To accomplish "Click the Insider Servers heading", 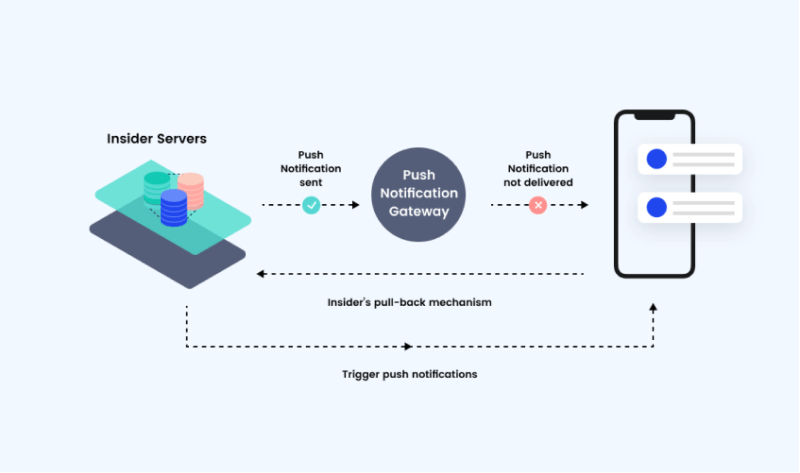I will coord(157,138).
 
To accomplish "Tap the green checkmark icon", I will coord(311,205).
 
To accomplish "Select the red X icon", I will coord(538,205).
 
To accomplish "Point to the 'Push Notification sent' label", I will coord(311,169).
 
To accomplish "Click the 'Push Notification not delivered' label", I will coord(538,169).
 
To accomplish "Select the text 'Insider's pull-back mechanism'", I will coord(410,301).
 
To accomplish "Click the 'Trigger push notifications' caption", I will coord(410,374).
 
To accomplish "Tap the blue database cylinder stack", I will coord(173,210).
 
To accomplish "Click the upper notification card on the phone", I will coord(690,159).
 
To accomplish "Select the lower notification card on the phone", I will coord(690,207).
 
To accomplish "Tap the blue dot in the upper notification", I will coord(657,159).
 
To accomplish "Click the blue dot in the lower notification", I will coord(657,207).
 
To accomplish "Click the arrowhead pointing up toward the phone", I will coord(653,309).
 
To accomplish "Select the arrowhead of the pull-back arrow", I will coord(260,273).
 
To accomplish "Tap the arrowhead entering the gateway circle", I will coord(355,205).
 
